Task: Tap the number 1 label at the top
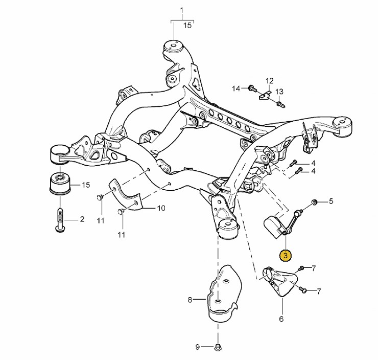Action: pyautogui.click(x=181, y=10)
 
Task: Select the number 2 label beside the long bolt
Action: pyautogui.click(x=82, y=219)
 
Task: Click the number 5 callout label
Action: pyautogui.click(x=330, y=201)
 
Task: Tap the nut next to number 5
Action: pyautogui.click(x=314, y=202)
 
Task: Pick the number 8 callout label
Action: pyautogui.click(x=190, y=300)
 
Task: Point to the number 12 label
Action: pyautogui.click(x=269, y=80)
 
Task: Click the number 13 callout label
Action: pyautogui.click(x=279, y=92)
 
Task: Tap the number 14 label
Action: pyautogui.click(x=235, y=88)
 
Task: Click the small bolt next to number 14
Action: pyautogui.click(x=251, y=88)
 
